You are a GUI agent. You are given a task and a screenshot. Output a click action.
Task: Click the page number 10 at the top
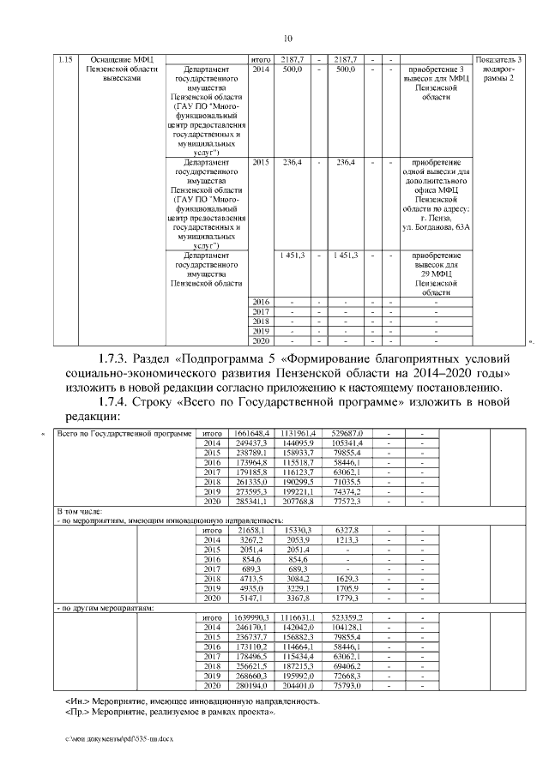coord(288,38)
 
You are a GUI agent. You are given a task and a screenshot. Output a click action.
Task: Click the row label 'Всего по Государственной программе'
coord(124,435)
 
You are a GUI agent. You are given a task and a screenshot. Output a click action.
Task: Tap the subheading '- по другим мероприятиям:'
coord(105,608)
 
